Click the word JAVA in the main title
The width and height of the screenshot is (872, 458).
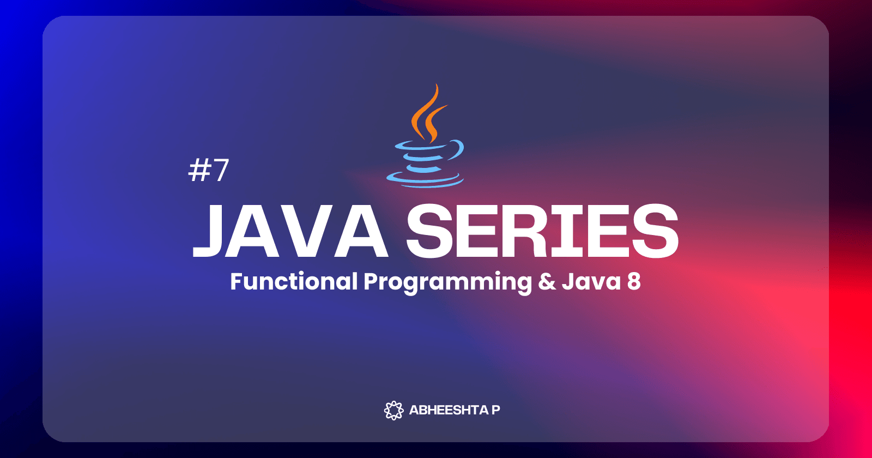[290, 231]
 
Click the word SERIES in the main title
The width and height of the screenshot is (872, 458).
[543, 231]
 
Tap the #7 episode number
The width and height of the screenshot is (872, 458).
[209, 170]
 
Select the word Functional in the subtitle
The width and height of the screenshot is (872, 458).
[294, 281]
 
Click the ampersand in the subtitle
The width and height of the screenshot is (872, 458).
[547, 281]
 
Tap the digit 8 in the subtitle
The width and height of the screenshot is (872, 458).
[634, 281]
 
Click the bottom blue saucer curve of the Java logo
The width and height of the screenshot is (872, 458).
[425, 180]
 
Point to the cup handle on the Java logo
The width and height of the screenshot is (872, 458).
[458, 150]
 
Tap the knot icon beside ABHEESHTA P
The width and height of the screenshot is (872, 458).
[394, 410]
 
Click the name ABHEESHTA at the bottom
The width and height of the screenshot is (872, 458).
[449, 410]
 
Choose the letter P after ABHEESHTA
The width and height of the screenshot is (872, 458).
[496, 410]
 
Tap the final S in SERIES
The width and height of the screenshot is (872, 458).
[656, 231]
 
